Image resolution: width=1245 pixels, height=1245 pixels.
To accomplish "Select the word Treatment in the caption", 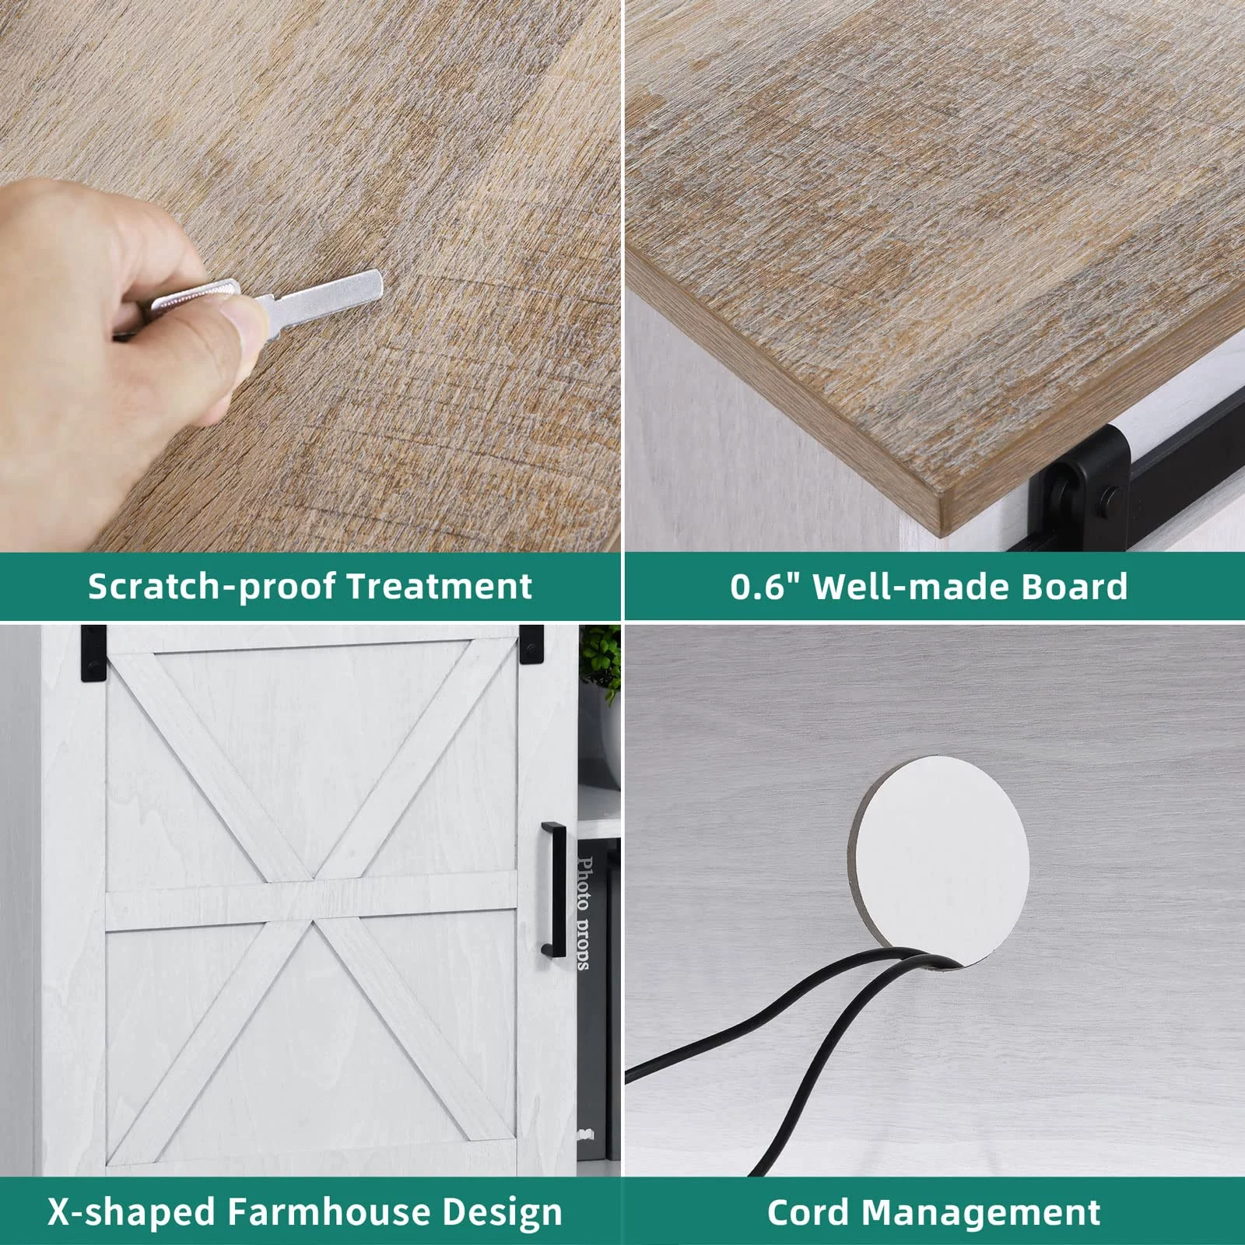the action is pyautogui.click(x=440, y=586).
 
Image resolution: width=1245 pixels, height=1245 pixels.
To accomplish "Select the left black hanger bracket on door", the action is pyautogui.click(x=93, y=653).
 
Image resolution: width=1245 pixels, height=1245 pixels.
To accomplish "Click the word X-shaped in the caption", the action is pyautogui.click(x=132, y=1212).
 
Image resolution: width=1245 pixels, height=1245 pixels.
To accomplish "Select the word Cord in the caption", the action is pyautogui.click(x=809, y=1212).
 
